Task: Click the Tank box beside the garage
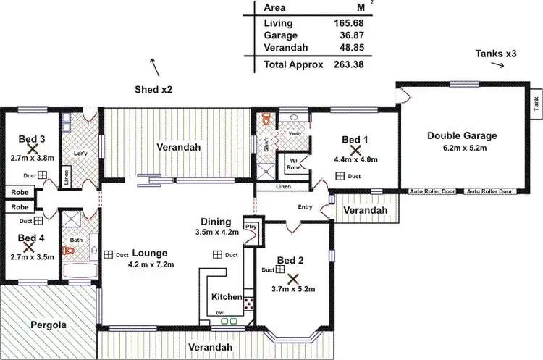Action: pos(536,105)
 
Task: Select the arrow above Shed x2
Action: pos(154,67)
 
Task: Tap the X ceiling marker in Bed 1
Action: pos(355,150)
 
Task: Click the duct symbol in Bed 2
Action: pos(279,269)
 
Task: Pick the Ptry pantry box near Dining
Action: pos(252,227)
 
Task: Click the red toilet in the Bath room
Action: pos(70,251)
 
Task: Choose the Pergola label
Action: pos(49,325)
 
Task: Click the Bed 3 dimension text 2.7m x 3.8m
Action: pos(32,157)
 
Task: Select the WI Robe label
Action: pos(295,163)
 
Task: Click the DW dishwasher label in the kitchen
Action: pos(219,314)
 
